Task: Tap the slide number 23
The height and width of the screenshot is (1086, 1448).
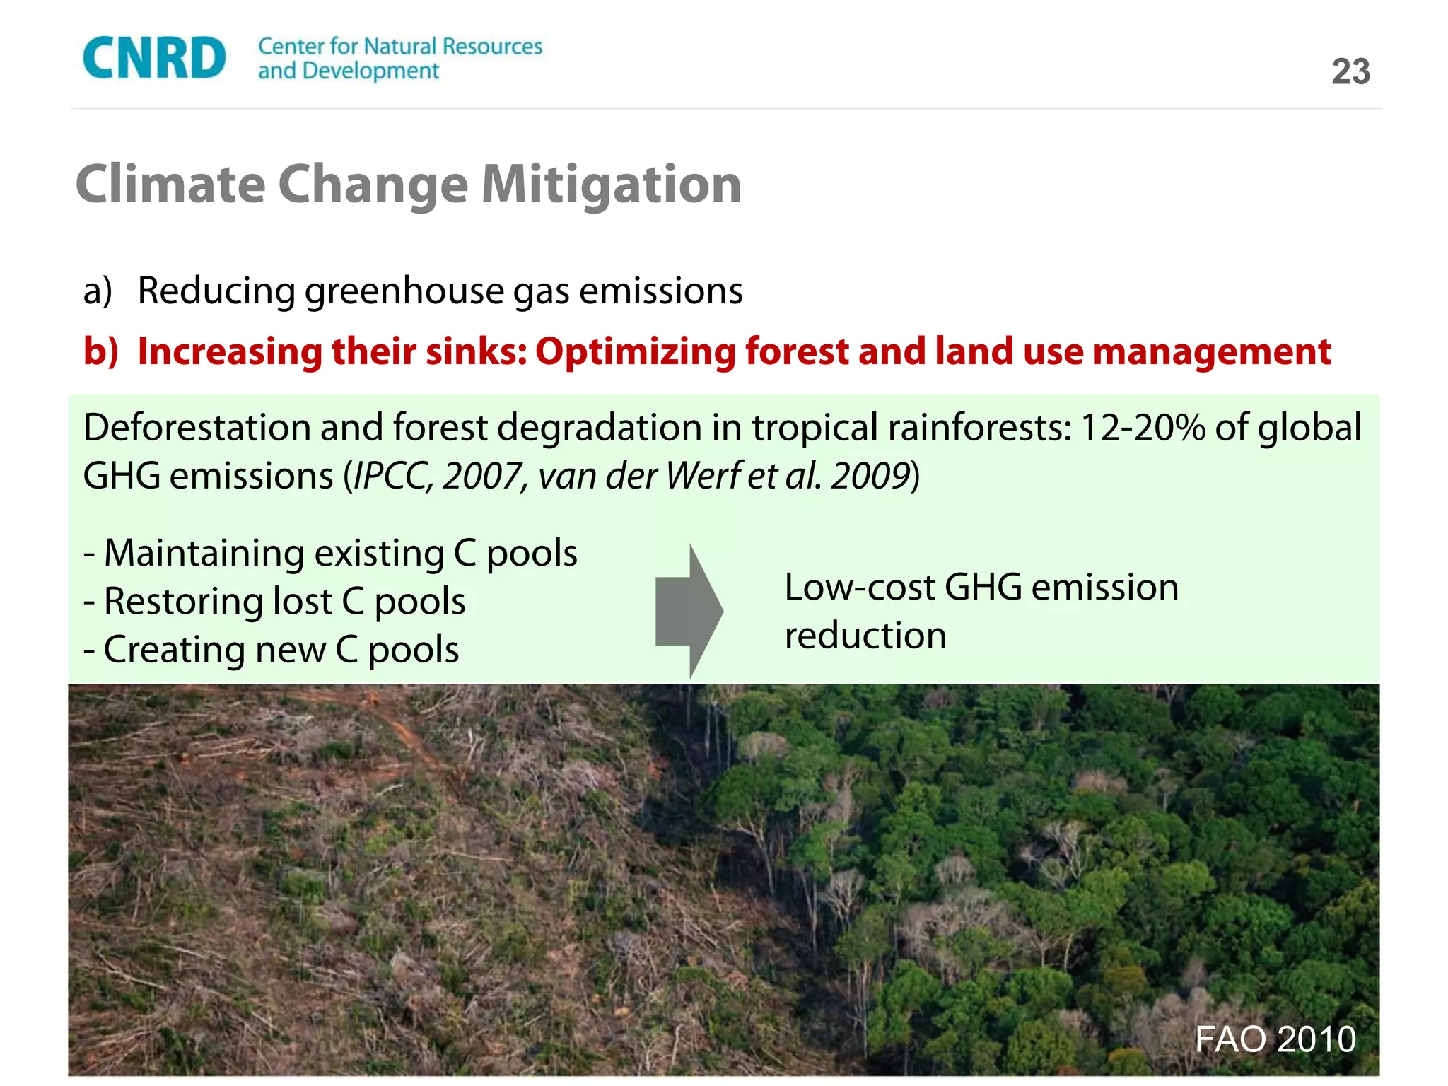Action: click(x=1350, y=71)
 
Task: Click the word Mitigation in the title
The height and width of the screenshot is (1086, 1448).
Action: click(x=611, y=184)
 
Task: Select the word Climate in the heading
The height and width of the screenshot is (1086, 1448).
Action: click(x=170, y=184)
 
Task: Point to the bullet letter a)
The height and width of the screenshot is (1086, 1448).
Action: click(x=98, y=291)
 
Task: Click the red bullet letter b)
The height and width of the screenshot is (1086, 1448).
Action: click(x=100, y=351)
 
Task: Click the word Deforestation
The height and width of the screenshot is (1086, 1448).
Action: click(x=197, y=428)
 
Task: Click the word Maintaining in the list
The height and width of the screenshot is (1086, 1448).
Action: click(x=204, y=553)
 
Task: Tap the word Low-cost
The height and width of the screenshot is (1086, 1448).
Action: click(x=859, y=588)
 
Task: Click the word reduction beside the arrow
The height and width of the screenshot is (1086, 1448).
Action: click(x=865, y=636)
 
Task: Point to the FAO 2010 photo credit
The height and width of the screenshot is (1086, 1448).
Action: click(x=1275, y=1039)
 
